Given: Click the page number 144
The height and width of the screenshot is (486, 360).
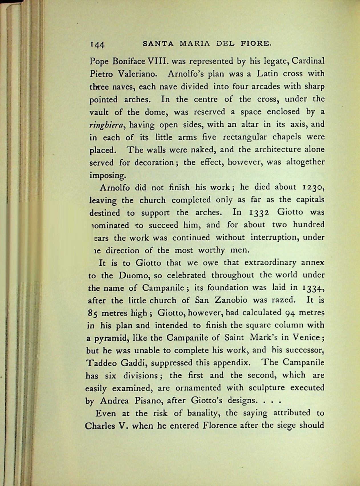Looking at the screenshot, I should (97, 44).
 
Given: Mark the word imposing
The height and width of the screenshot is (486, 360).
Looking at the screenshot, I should (107, 175).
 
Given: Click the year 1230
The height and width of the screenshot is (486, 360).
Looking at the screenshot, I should (313, 187).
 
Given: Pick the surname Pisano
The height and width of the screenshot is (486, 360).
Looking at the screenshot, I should (147, 400).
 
